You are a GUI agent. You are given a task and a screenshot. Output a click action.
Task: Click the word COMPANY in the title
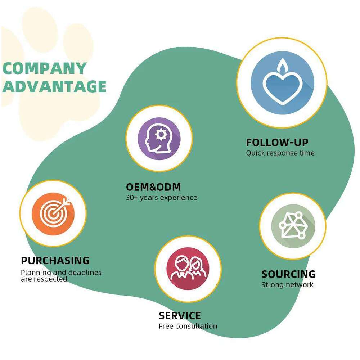point(44,68)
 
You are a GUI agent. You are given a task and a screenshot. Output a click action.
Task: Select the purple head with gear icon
point(159,139)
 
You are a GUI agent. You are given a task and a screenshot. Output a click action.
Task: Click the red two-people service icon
point(188,268)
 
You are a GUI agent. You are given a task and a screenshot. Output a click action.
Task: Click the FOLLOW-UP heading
point(277,142)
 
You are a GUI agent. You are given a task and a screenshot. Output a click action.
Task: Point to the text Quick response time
point(280,153)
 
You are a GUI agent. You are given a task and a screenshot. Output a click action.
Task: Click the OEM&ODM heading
point(153,187)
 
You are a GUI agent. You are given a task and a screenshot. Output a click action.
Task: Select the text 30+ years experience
point(161,198)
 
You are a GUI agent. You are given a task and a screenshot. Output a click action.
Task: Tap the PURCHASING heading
point(55,260)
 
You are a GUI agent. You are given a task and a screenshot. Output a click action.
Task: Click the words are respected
point(44,279)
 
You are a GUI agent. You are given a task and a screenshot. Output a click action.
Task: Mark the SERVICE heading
point(180,316)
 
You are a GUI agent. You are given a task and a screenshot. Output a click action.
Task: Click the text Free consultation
point(188,326)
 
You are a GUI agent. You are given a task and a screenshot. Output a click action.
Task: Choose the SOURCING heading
point(288,274)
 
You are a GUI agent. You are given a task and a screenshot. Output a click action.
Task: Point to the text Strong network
point(287,285)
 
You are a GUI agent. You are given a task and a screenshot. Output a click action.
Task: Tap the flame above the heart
point(282,66)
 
